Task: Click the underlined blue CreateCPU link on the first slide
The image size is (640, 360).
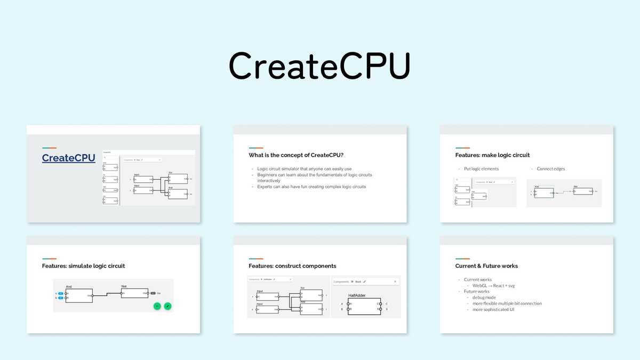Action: pyautogui.click(x=68, y=158)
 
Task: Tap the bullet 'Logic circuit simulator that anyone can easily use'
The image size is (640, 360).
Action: pyautogui.click(x=304, y=169)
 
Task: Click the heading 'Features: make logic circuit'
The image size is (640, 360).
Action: pyautogui.click(x=492, y=155)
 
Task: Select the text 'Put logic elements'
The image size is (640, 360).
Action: pyautogui.click(x=481, y=169)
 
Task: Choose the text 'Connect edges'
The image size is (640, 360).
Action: pyautogui.click(x=551, y=169)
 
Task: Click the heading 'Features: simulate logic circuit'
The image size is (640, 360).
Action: pyautogui.click(x=83, y=266)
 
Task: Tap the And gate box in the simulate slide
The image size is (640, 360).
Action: pyautogui.click(x=78, y=295)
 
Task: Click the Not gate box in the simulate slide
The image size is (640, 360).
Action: pyautogui.click(x=134, y=293)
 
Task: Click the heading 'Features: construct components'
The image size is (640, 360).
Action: pyautogui.click(x=292, y=266)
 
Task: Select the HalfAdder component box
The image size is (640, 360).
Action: pyautogui.click(x=364, y=306)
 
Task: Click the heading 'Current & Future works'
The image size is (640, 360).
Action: pyautogui.click(x=486, y=266)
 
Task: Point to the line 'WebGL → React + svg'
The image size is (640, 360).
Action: pyautogui.click(x=493, y=286)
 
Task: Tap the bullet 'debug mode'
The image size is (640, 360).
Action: pyautogui.click(x=484, y=298)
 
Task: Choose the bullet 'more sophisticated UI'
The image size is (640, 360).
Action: pyautogui.click(x=493, y=309)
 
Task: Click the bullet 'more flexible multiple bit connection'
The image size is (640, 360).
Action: pyautogui.click(x=507, y=303)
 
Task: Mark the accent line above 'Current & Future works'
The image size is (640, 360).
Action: pyautogui.click(x=462, y=259)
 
